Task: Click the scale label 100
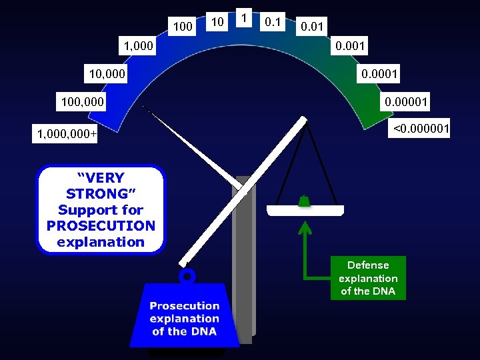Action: pyautogui.click(x=182, y=27)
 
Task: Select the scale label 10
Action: pyautogui.click(x=217, y=23)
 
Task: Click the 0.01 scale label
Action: pyautogui.click(x=313, y=27)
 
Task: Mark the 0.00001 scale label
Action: pyautogui.click(x=406, y=102)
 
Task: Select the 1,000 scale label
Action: pyautogui.click(x=136, y=47)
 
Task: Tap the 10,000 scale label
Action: pyautogui.click(x=105, y=73)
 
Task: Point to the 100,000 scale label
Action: pyautogui.click(x=82, y=103)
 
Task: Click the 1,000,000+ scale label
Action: pyautogui.click(x=67, y=135)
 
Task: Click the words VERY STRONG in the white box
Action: pyautogui.click(x=101, y=187)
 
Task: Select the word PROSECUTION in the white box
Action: pyautogui.click(x=101, y=225)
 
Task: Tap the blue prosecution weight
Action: pyautogui.click(x=184, y=316)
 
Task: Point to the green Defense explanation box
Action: pyautogui.click(x=368, y=278)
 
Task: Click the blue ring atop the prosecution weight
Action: pyautogui.click(x=187, y=275)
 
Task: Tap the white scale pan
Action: pyautogui.click(x=305, y=211)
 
